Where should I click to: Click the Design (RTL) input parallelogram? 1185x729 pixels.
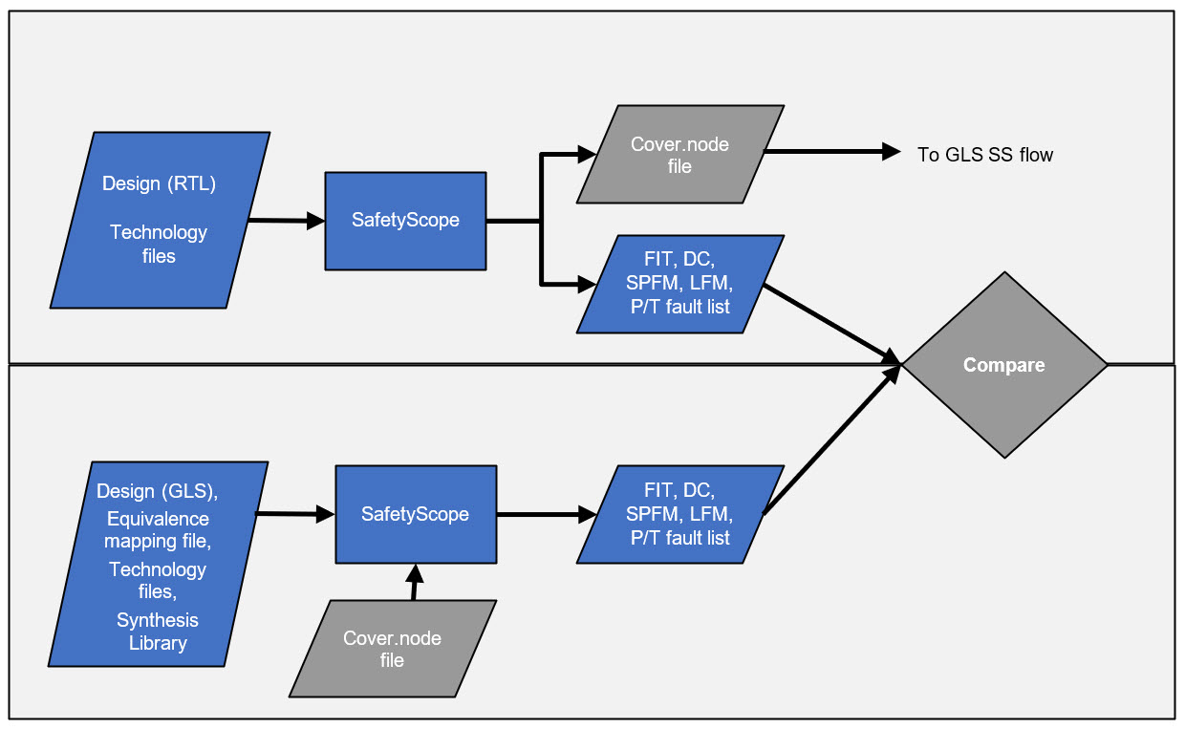pyautogui.click(x=160, y=220)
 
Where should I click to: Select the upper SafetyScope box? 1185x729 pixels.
pyautogui.click(x=405, y=221)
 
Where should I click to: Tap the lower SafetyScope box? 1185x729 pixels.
pyautogui.click(x=416, y=514)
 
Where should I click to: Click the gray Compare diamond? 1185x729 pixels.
pyautogui.click(x=1003, y=365)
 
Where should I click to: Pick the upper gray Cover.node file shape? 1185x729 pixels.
pyautogui.click(x=679, y=155)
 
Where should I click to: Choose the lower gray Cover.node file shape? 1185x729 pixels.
pyautogui.click(x=393, y=649)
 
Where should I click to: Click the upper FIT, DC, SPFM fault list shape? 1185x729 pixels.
pyautogui.click(x=679, y=284)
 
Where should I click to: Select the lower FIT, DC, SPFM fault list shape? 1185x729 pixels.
pyautogui.click(x=679, y=514)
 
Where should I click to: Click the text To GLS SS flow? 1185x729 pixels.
pyautogui.click(x=984, y=155)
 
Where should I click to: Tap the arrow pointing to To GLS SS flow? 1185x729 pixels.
pyautogui.click(x=831, y=151)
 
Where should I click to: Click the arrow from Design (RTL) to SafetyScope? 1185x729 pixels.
pyautogui.click(x=285, y=221)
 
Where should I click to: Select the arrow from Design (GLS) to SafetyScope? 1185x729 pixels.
pyautogui.click(x=294, y=514)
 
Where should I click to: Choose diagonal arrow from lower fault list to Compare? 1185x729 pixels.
pyautogui.click(x=831, y=440)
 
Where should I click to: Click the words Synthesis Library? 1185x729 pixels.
pyautogui.click(x=158, y=632)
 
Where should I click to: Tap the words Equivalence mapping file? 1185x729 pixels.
pyautogui.click(x=158, y=530)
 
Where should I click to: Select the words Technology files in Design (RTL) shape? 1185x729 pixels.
pyautogui.click(x=159, y=244)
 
